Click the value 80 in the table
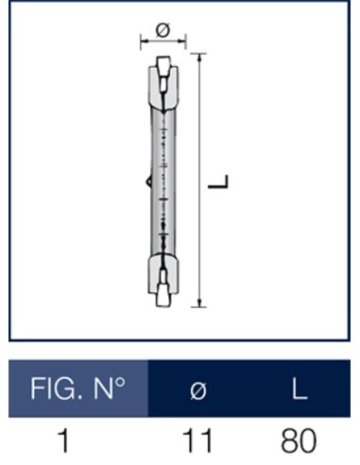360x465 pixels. pos(297,441)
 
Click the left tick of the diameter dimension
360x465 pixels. pos(141,41)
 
